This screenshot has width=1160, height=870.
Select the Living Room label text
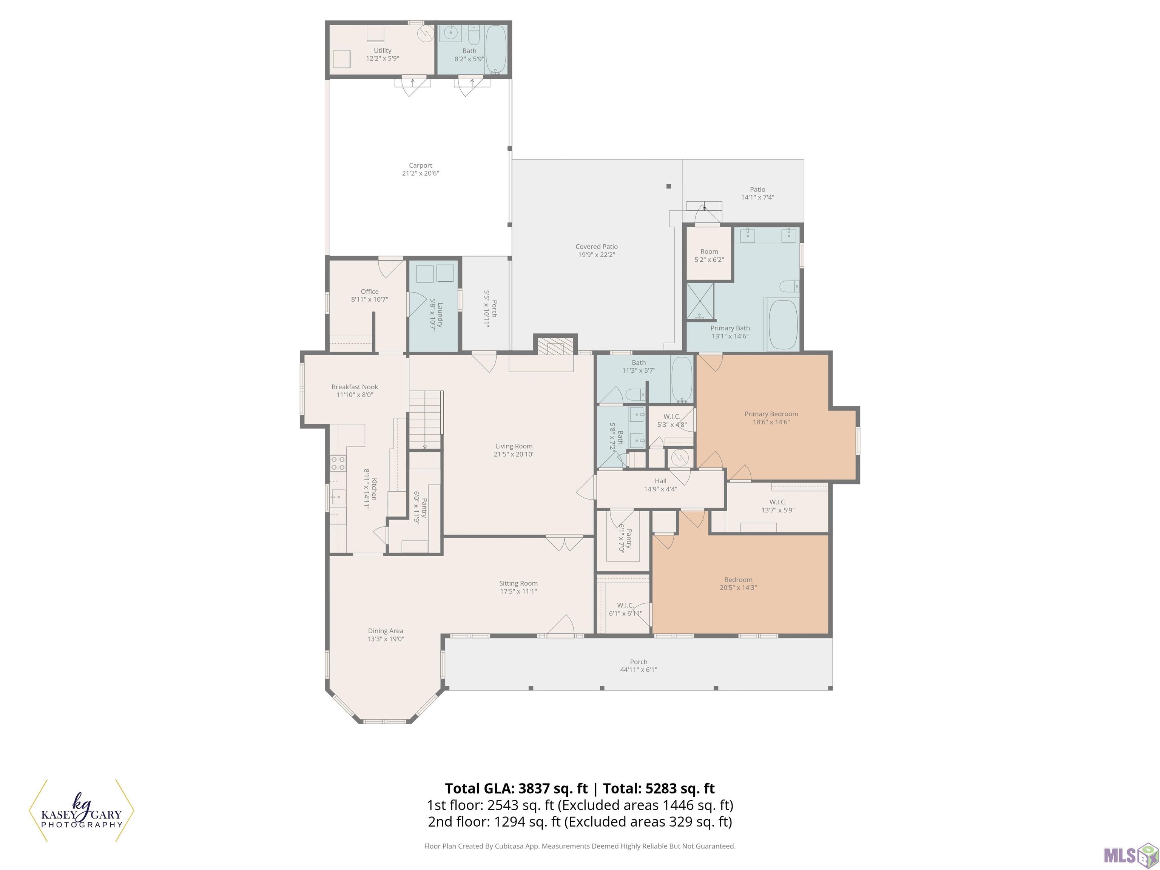pos(514,450)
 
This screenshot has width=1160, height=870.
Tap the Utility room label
pos(382,54)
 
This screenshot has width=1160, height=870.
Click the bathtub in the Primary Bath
pos(782,325)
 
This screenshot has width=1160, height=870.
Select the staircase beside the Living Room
pos(425,420)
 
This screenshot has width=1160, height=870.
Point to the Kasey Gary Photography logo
pos(81,810)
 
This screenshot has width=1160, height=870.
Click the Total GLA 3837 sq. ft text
pos(517,788)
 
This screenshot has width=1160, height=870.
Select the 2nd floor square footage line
pos(580,821)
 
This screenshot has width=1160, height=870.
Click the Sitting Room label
pos(518,587)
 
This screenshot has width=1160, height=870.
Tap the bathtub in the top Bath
pos(495,49)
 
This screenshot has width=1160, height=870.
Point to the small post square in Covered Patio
pos(669,186)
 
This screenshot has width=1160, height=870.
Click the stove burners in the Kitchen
pos(338,463)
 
